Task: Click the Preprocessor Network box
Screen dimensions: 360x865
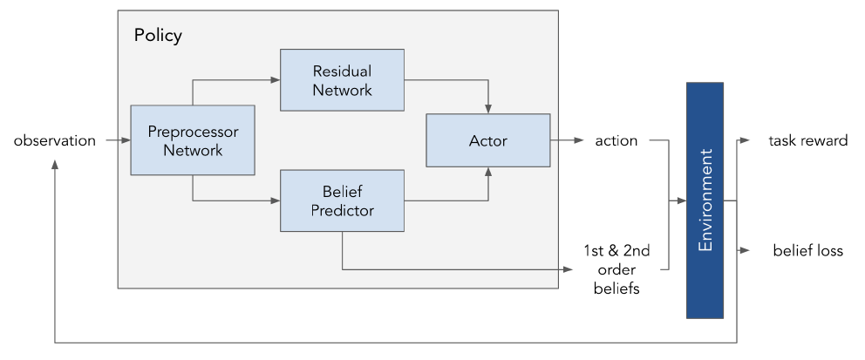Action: point(192,139)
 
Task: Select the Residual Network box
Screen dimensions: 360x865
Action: point(342,79)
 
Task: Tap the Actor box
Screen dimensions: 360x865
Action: point(488,139)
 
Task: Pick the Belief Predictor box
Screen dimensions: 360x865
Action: point(342,200)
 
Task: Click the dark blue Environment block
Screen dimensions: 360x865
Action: point(705,200)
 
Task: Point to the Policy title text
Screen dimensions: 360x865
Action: point(158,37)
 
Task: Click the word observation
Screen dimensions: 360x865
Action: point(55,140)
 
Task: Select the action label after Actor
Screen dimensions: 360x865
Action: point(616,140)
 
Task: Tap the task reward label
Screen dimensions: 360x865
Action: point(807,140)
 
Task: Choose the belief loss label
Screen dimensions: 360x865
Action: point(807,251)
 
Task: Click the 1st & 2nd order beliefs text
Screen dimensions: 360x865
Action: point(616,269)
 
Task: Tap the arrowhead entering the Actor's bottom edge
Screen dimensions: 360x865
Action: point(488,172)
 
